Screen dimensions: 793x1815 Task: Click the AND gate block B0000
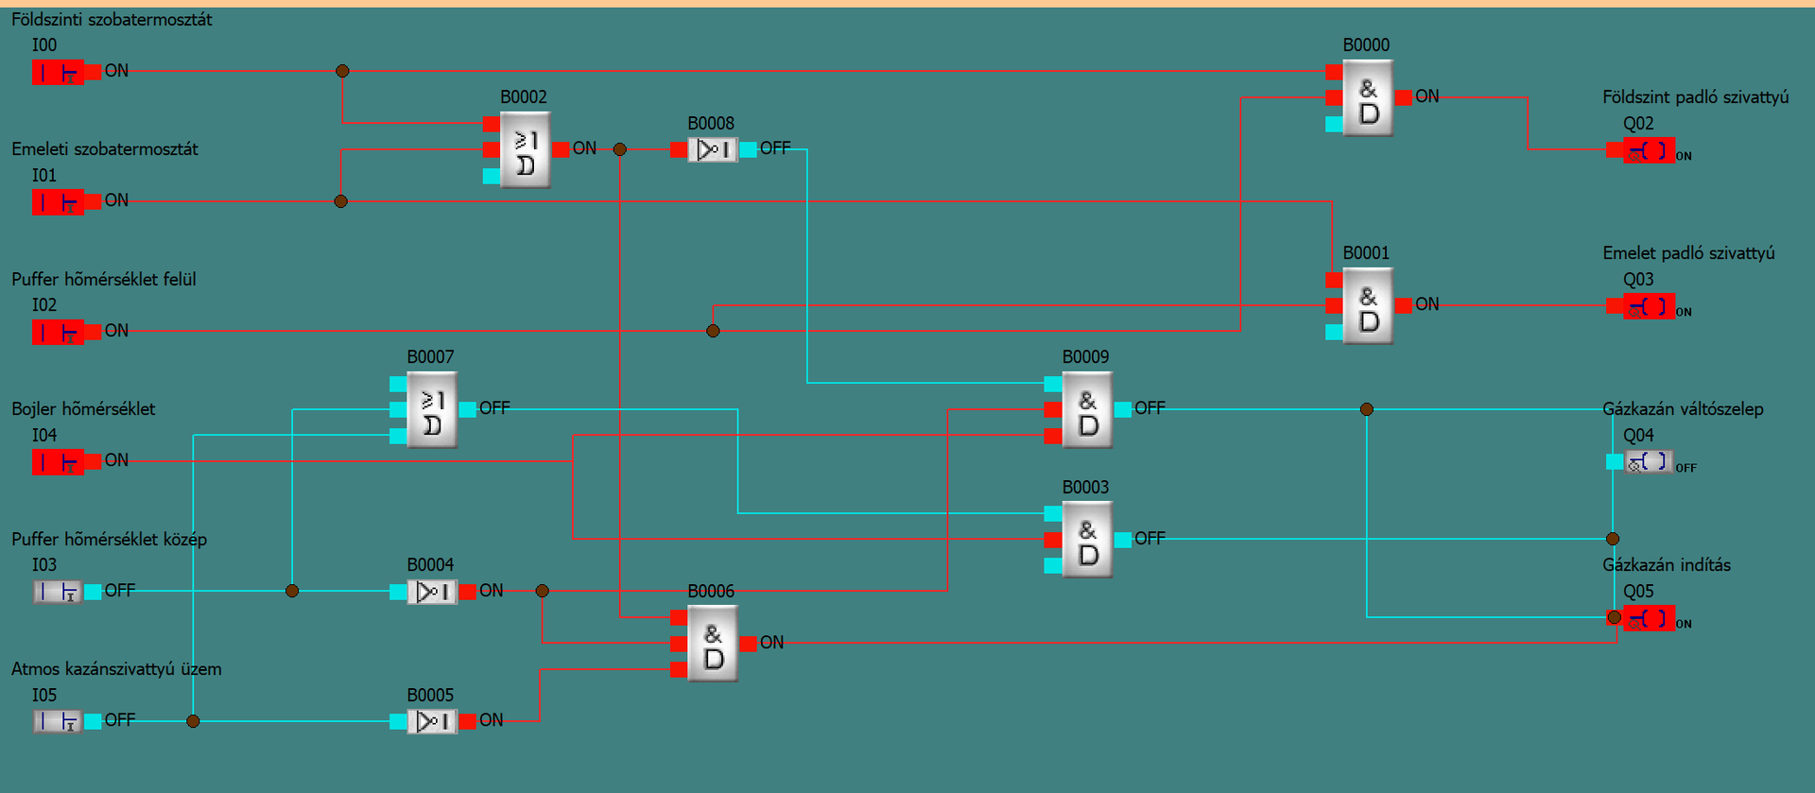1368,98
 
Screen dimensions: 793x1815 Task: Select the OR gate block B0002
525,150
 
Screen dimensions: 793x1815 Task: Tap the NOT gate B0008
712,149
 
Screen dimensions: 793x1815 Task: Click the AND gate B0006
713,644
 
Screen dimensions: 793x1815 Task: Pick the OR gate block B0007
431,410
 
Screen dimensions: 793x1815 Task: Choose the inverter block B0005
431,721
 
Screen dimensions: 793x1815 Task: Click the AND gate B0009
1087,410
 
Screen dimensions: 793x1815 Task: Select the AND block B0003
1087,540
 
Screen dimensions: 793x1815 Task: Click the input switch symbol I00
58,72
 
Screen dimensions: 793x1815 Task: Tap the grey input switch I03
58,592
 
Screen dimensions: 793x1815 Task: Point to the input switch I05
58,721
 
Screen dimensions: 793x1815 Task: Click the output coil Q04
1648,462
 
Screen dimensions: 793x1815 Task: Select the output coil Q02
1648,150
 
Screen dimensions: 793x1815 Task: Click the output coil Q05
1648,618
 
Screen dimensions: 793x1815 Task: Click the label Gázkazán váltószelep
1683,409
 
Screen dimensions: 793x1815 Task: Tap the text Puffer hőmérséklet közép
109,540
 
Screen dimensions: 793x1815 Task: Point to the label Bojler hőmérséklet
83,409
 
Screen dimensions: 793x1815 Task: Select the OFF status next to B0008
775,148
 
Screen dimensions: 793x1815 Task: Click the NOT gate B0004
431,592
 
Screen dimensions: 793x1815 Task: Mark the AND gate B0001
1368,306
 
